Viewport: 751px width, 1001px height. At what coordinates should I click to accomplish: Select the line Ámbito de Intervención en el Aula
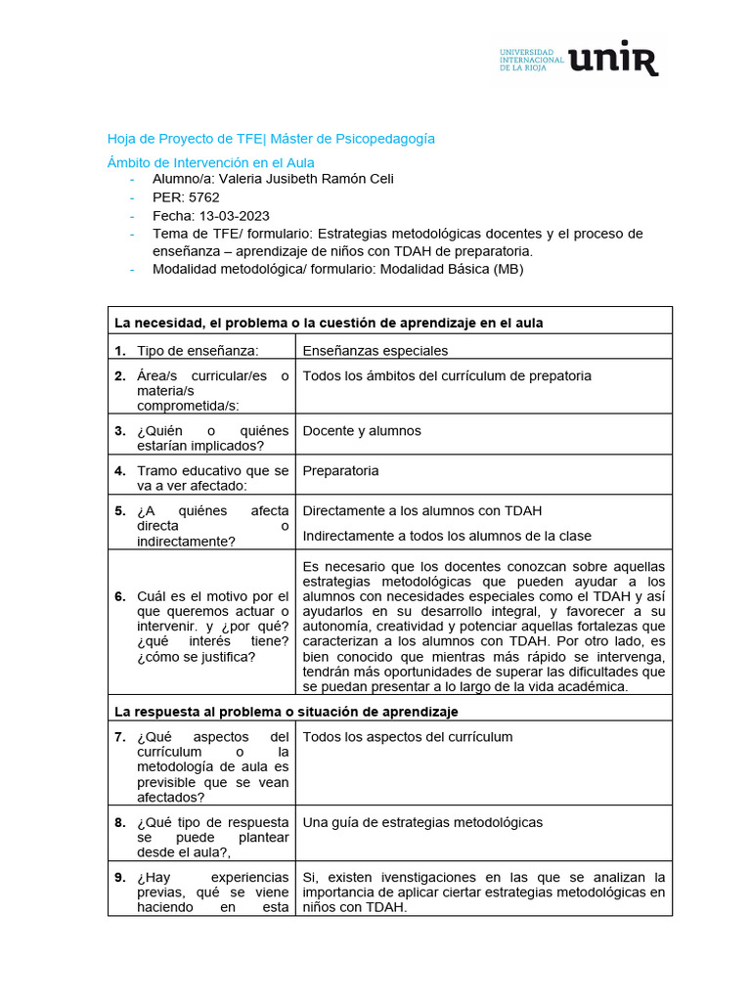tap(210, 162)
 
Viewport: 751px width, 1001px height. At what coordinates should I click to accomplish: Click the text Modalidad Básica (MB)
tap(451, 269)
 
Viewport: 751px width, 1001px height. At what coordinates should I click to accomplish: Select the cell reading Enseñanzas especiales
tap(375, 350)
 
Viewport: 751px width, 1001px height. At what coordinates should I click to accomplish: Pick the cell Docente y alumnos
tap(362, 430)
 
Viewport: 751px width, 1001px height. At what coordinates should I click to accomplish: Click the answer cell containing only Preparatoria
tap(340, 470)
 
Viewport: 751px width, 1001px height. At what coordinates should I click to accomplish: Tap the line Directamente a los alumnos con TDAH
tap(422, 510)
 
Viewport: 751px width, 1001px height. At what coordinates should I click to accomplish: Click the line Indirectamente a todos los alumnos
tap(447, 536)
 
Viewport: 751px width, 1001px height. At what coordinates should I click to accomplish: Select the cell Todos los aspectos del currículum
tap(407, 736)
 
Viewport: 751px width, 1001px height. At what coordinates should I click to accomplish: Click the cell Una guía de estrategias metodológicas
tap(422, 822)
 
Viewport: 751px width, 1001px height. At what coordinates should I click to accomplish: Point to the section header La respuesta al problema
tap(287, 711)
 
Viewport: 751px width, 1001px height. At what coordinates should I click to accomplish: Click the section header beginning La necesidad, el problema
tap(329, 323)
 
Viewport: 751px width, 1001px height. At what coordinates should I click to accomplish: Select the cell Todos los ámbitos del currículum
tap(447, 375)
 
